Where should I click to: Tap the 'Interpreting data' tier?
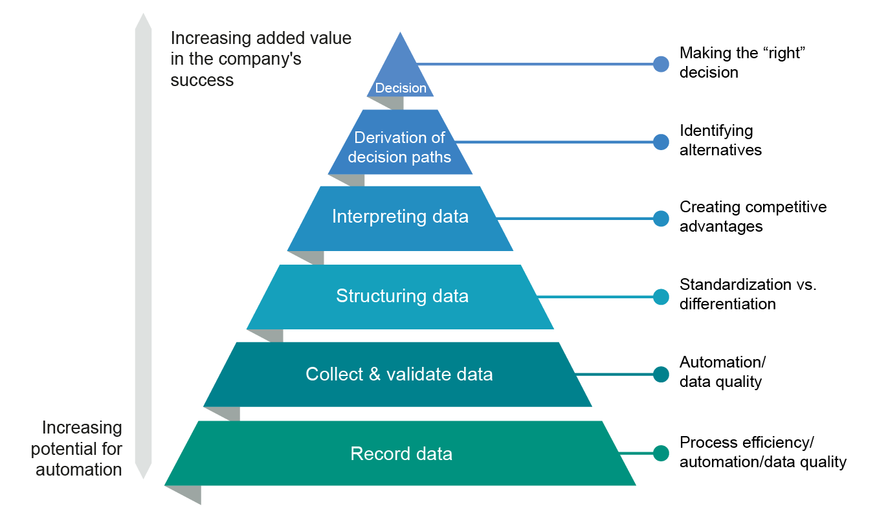coord(400,217)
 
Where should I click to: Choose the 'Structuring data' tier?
coord(401,296)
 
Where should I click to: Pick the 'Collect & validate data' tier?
coord(399,375)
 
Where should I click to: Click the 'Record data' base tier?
coord(401,454)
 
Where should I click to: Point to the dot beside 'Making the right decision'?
coord(661,63)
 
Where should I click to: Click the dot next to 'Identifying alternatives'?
coord(661,142)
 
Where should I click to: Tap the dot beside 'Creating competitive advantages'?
coord(661,218)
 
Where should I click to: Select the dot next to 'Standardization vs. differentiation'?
coord(661,296)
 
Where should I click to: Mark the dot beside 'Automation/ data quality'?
coord(661,374)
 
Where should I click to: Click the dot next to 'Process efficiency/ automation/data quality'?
coord(661,453)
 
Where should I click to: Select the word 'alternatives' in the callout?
coord(720,150)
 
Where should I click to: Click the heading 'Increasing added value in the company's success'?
coord(261,59)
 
